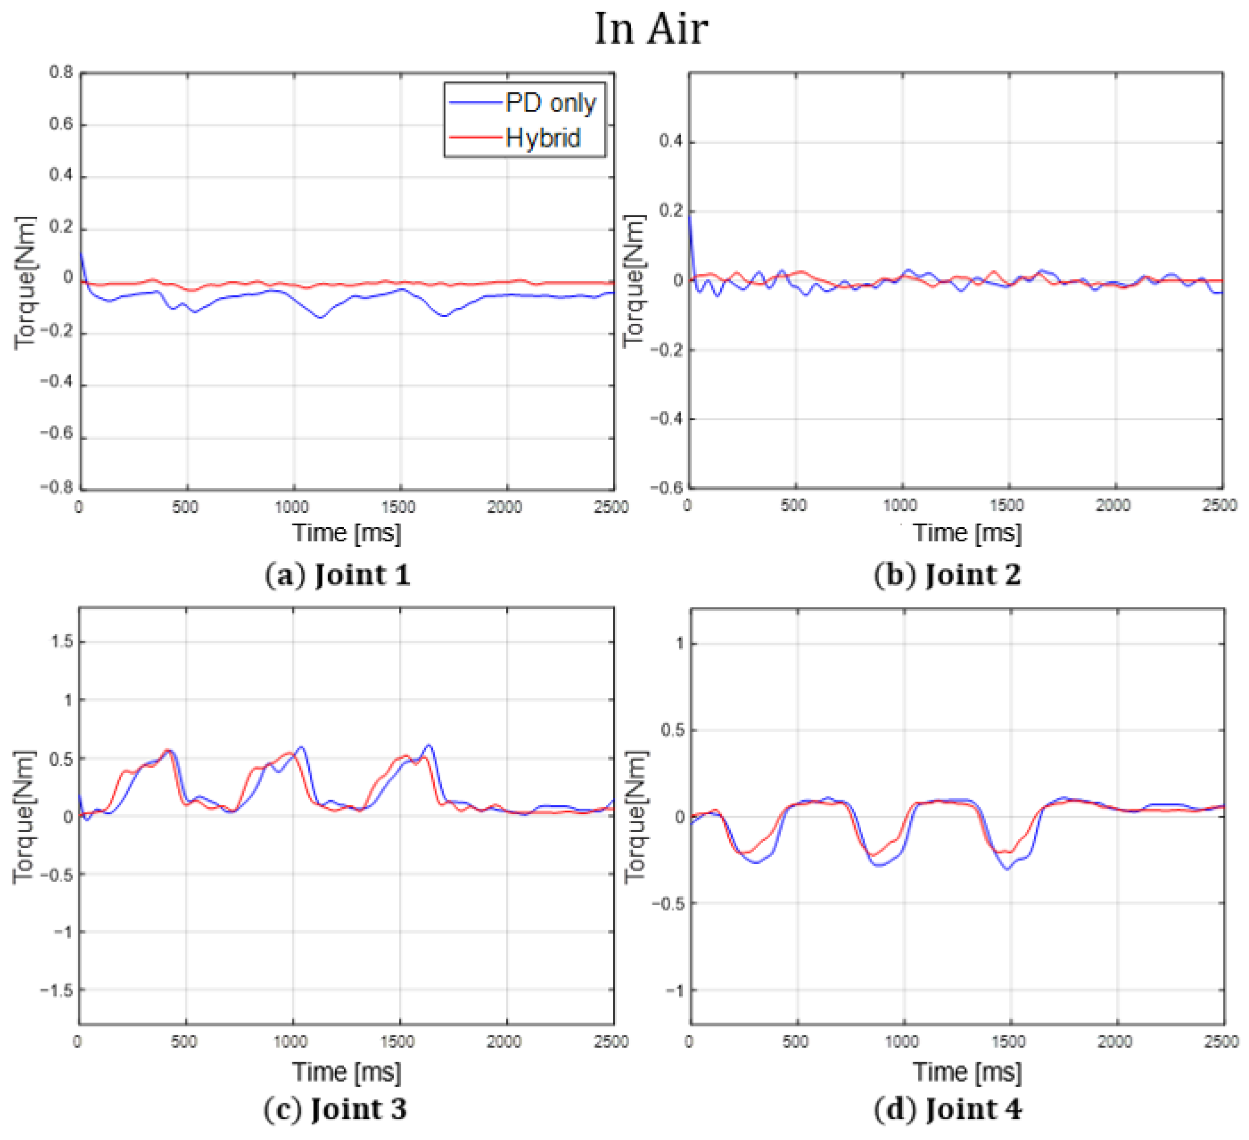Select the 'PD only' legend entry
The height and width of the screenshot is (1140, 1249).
550,102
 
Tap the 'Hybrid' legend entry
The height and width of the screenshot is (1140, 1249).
543,137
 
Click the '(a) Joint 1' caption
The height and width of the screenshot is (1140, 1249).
337,574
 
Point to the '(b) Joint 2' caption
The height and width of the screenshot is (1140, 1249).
947,574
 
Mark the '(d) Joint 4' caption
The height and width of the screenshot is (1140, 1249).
947,1109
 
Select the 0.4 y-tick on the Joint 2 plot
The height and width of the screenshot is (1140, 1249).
670,141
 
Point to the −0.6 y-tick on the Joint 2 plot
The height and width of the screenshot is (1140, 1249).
666,488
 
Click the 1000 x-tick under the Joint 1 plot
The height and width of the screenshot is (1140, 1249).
292,507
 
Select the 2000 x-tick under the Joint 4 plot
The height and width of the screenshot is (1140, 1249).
1115,1042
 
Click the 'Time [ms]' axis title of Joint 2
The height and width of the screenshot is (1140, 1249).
967,533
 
